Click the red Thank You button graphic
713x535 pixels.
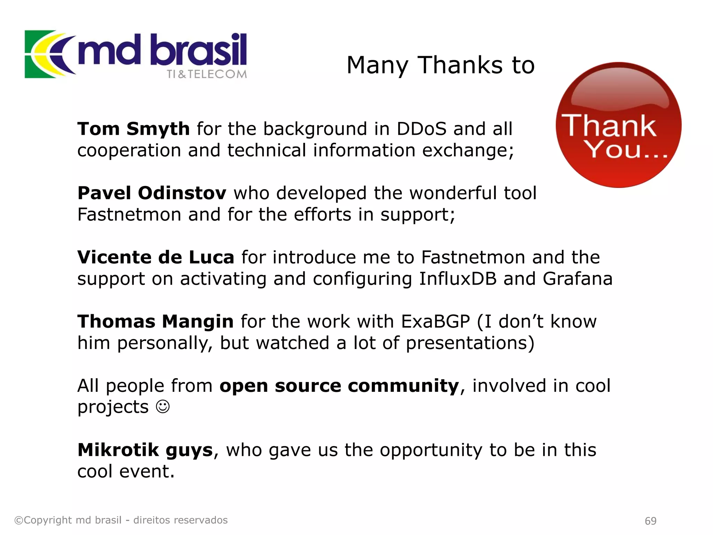pos(618,125)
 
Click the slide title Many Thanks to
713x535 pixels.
pos(440,65)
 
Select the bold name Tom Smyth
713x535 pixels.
pos(133,129)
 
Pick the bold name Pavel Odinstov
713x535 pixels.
pos(152,193)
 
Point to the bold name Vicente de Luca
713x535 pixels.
pos(156,257)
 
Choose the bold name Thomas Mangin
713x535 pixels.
pos(155,321)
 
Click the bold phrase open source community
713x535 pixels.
pos(339,386)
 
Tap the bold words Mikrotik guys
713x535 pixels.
pos(145,450)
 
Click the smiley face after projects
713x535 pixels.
pos(163,406)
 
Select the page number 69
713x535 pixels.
pos(650,521)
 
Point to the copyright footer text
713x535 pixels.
pos(121,520)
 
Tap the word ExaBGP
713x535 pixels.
pos(435,321)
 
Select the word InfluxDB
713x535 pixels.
pos(457,279)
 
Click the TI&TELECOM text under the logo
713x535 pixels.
pos(206,74)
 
